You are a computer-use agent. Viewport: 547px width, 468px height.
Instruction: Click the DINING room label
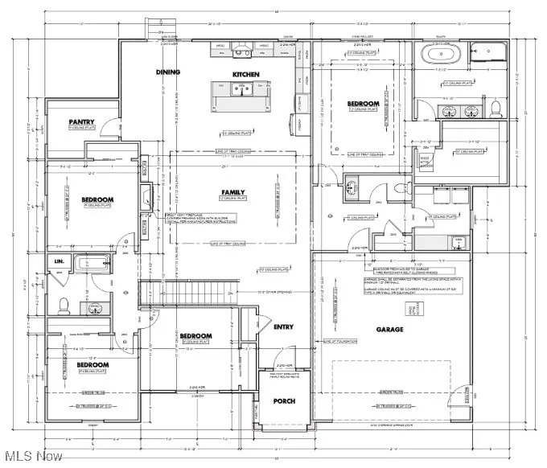168,72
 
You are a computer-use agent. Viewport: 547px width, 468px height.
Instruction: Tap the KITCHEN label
246,74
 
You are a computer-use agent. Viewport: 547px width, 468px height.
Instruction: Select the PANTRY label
81,122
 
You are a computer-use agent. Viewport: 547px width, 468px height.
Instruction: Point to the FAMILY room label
233,192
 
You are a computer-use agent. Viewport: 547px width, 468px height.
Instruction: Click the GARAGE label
390,330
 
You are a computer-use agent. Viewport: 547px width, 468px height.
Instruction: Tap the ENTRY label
283,326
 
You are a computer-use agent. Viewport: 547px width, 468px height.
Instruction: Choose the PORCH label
283,400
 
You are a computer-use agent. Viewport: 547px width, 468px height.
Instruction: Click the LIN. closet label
59,261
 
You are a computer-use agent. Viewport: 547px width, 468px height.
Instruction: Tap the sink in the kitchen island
238,91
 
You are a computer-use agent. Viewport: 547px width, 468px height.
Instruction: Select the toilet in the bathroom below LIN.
64,305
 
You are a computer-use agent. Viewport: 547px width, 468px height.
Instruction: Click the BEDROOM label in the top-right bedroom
363,104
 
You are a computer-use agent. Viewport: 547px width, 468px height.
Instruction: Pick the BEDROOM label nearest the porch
195,336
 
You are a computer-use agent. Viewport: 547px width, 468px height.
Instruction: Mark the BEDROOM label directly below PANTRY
97,199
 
